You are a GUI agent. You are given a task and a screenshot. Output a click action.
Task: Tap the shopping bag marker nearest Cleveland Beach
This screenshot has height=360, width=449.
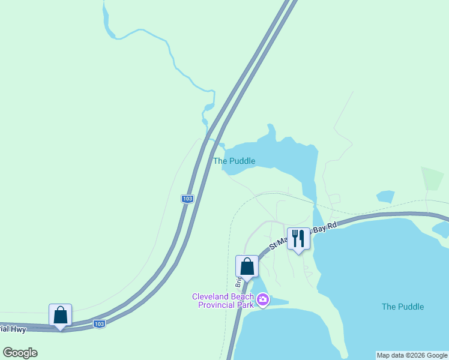[x=247, y=266]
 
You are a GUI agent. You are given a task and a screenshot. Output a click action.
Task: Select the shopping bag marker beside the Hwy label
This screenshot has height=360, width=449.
[x=60, y=315]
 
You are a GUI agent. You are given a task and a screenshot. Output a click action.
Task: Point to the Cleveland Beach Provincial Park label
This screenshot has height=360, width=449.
[x=223, y=301]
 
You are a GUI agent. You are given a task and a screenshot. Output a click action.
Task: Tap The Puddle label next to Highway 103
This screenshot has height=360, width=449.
[x=234, y=161]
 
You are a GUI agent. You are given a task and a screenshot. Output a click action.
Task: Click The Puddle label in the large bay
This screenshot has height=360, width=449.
[x=403, y=307]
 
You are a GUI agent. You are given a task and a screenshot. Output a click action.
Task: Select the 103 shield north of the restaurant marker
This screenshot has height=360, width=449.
[x=188, y=199]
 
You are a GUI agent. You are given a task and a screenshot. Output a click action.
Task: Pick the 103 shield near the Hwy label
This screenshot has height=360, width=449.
[x=100, y=324]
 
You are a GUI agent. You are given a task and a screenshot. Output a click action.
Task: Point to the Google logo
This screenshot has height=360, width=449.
[x=20, y=353]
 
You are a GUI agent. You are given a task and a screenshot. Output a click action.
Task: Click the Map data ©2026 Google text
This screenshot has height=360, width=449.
[x=412, y=355]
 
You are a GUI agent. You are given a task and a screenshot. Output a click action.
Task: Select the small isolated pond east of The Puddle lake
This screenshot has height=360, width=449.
[x=385, y=196]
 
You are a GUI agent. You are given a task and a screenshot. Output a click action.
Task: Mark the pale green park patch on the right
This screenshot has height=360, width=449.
[x=433, y=178]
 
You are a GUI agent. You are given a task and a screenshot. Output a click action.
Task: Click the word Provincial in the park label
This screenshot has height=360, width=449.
[x=217, y=305]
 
